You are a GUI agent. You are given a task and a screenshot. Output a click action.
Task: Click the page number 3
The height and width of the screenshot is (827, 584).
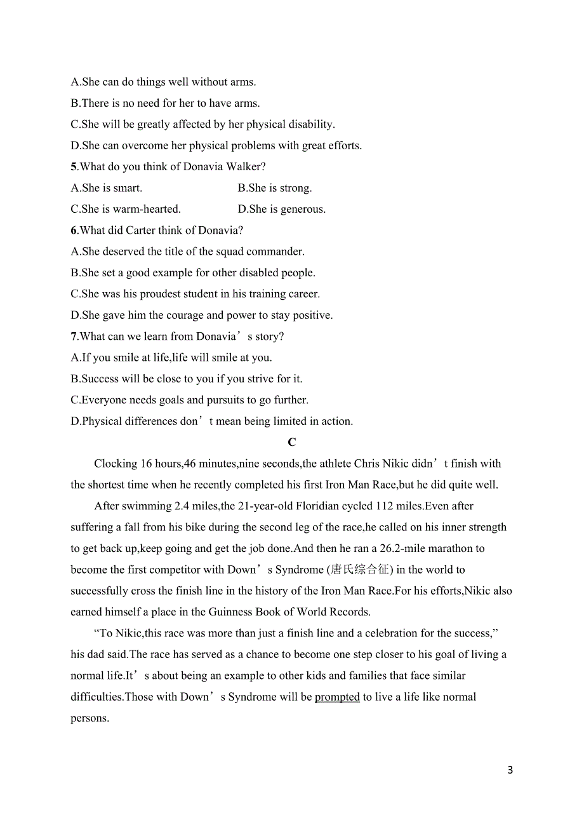pos(510,770)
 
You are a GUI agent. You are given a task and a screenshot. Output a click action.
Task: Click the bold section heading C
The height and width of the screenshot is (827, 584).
pos(292,443)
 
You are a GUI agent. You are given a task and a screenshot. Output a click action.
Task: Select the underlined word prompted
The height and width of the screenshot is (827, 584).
pos(337,697)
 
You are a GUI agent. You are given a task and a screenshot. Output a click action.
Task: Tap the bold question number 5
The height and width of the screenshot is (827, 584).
pos(74,166)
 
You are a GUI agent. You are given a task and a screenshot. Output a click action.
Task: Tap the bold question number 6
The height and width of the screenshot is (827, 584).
pos(74,230)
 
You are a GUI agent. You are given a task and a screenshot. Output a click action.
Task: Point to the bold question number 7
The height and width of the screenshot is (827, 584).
pos(74,336)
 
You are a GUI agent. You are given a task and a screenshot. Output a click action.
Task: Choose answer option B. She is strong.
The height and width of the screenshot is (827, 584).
pos(275,188)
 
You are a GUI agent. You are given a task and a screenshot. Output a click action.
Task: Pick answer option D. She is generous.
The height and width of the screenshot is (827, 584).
pos(281,209)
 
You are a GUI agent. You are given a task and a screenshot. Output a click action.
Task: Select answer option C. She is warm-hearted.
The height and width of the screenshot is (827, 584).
pos(126,209)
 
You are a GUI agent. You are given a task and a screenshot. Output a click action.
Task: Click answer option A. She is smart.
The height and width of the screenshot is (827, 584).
pos(107,188)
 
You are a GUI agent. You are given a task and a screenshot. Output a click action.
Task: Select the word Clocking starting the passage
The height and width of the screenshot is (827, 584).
pos(115,464)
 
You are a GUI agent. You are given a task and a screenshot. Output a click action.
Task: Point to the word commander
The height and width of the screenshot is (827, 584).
pos(275,252)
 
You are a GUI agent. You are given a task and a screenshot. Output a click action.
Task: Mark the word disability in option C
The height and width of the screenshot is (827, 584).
pos(307,124)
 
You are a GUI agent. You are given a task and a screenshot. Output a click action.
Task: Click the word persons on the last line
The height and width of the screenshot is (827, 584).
pos(90,718)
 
